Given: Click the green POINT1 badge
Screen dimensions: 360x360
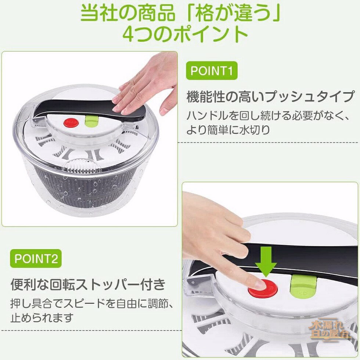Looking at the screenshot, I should pyautogui.click(x=212, y=71).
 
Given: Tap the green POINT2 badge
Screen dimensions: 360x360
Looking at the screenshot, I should pyautogui.click(x=36, y=259).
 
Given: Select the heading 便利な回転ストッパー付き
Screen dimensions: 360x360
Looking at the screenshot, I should pyautogui.click(x=88, y=285).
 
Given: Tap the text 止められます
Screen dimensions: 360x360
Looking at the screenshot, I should pyautogui.click(x=42, y=317).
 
